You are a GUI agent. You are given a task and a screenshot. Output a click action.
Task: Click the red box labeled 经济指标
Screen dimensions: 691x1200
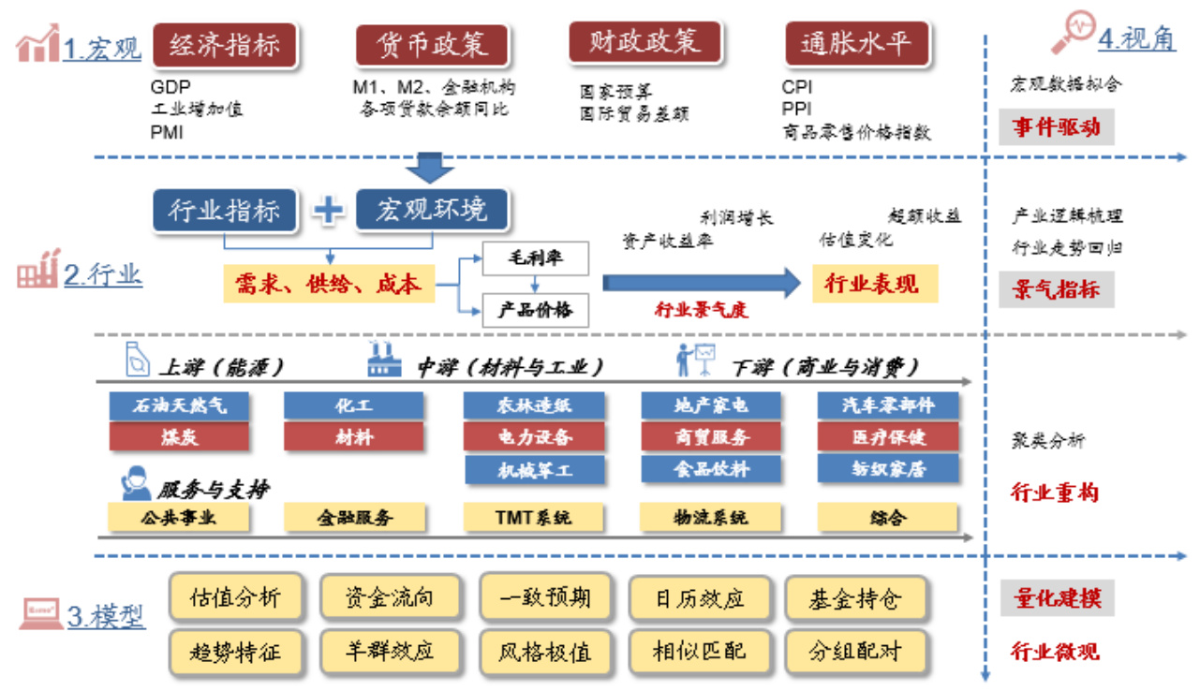[x=224, y=44]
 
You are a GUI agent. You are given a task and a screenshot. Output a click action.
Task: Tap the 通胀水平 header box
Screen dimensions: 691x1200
[x=856, y=44]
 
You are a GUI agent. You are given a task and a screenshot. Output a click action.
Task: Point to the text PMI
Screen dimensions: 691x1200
[x=167, y=132]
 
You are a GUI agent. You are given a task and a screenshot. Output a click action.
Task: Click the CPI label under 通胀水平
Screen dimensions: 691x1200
[x=797, y=87]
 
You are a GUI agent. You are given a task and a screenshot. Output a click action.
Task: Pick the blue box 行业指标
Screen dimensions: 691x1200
[x=224, y=210]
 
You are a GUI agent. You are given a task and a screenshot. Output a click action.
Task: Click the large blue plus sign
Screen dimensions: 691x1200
[x=328, y=210]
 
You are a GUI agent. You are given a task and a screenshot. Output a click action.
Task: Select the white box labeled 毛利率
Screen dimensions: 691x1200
[x=535, y=258]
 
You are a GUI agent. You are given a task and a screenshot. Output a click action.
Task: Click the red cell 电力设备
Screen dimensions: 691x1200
[x=534, y=437]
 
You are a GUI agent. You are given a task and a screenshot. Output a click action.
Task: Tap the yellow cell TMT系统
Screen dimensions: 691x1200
[x=533, y=517]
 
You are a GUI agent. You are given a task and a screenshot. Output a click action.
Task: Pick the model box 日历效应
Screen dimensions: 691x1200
[x=699, y=598]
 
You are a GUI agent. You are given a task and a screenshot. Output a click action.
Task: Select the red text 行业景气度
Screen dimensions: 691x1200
[x=701, y=311]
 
